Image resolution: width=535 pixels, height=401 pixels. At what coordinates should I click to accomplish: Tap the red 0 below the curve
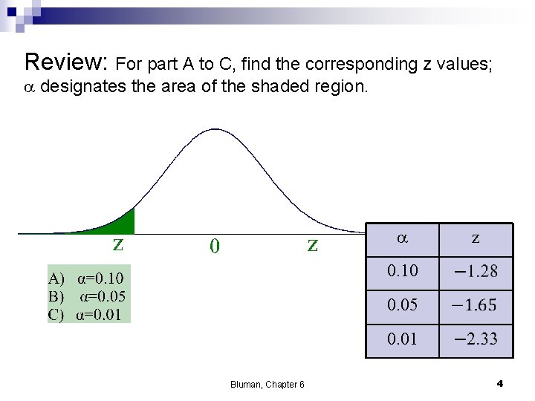[214, 246]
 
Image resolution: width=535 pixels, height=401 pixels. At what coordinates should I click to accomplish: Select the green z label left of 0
[118, 244]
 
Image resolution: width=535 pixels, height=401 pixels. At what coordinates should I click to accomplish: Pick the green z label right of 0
[313, 244]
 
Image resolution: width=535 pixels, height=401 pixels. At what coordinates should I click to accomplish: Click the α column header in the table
[401, 239]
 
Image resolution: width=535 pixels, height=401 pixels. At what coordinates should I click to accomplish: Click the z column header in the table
[476, 239]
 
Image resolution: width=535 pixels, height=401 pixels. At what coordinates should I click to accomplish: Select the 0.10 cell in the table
[402, 271]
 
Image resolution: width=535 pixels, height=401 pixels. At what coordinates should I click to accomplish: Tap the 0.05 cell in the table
[402, 304]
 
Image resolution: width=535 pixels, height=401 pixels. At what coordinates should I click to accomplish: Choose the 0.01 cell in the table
[402, 339]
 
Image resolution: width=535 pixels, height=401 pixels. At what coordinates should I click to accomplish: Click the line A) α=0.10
[86, 279]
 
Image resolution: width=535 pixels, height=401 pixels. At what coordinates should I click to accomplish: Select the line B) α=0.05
[87, 296]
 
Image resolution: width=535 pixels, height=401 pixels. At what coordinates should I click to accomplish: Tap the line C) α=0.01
[85, 313]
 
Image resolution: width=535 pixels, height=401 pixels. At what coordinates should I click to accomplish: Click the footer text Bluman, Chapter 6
[267, 384]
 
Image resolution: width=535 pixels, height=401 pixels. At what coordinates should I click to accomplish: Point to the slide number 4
[499, 383]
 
